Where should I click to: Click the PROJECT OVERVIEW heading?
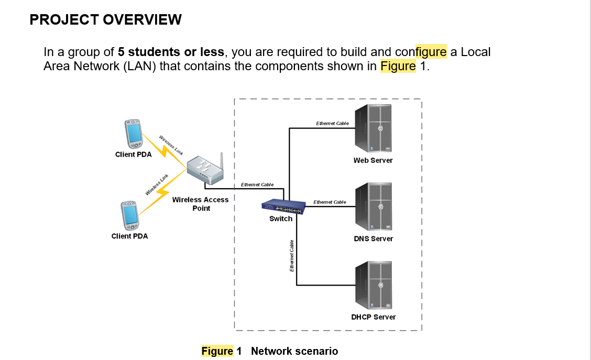[106, 20]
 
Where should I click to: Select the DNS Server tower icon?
[374, 206]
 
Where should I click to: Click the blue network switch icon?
[282, 207]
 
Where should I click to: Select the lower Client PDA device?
[129, 215]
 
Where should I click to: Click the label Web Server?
[373, 160]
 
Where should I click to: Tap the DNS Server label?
[374, 238]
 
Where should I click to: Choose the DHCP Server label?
[374, 317]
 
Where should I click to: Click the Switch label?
[281, 219]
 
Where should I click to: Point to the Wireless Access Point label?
[201, 204]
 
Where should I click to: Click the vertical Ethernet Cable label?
[291, 256]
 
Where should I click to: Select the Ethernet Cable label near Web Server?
[332, 123]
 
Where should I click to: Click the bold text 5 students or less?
[171, 52]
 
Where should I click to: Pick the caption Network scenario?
[294, 351]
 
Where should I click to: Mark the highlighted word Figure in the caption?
[217, 351]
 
